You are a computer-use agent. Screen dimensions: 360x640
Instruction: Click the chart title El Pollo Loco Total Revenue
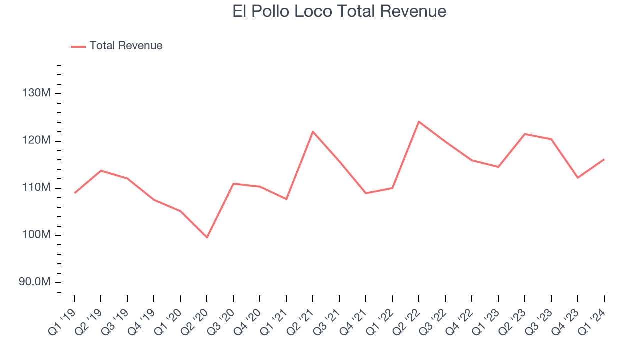339,11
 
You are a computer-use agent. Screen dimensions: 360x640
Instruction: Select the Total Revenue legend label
126,46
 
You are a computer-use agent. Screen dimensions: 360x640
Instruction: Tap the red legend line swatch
78,46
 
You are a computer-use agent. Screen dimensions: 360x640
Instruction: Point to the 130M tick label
36,93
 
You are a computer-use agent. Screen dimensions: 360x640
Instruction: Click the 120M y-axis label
36,141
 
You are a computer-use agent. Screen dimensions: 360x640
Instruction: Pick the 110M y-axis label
36,188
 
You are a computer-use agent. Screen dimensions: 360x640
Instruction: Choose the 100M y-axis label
36,235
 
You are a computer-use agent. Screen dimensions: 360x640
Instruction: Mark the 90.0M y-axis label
35,282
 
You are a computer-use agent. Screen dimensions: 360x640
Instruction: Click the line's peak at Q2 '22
419,121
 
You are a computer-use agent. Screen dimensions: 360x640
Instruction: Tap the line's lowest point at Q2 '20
207,237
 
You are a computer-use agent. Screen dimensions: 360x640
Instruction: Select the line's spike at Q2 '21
313,131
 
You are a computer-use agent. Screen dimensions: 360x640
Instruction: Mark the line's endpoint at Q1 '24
604,159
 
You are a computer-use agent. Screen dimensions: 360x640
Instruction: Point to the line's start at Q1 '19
74,193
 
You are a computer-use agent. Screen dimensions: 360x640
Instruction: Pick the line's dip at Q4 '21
366,193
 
